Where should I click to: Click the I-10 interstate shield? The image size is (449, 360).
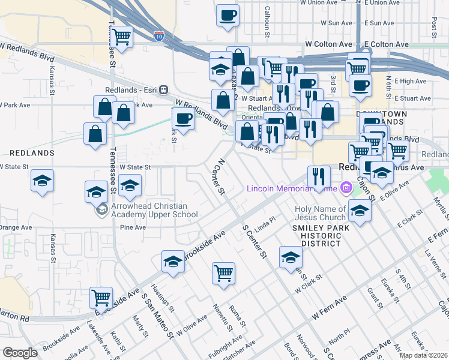click(159, 36)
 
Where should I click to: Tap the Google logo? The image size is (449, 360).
click(20, 353)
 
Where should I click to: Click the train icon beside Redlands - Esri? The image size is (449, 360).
click(163, 89)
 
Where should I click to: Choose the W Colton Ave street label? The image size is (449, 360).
click(328, 44)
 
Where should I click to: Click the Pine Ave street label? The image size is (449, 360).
click(133, 227)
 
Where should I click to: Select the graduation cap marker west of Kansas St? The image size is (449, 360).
click(42, 180)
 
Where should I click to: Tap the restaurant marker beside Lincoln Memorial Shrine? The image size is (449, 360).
click(318, 176)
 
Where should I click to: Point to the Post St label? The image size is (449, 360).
click(433, 25)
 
